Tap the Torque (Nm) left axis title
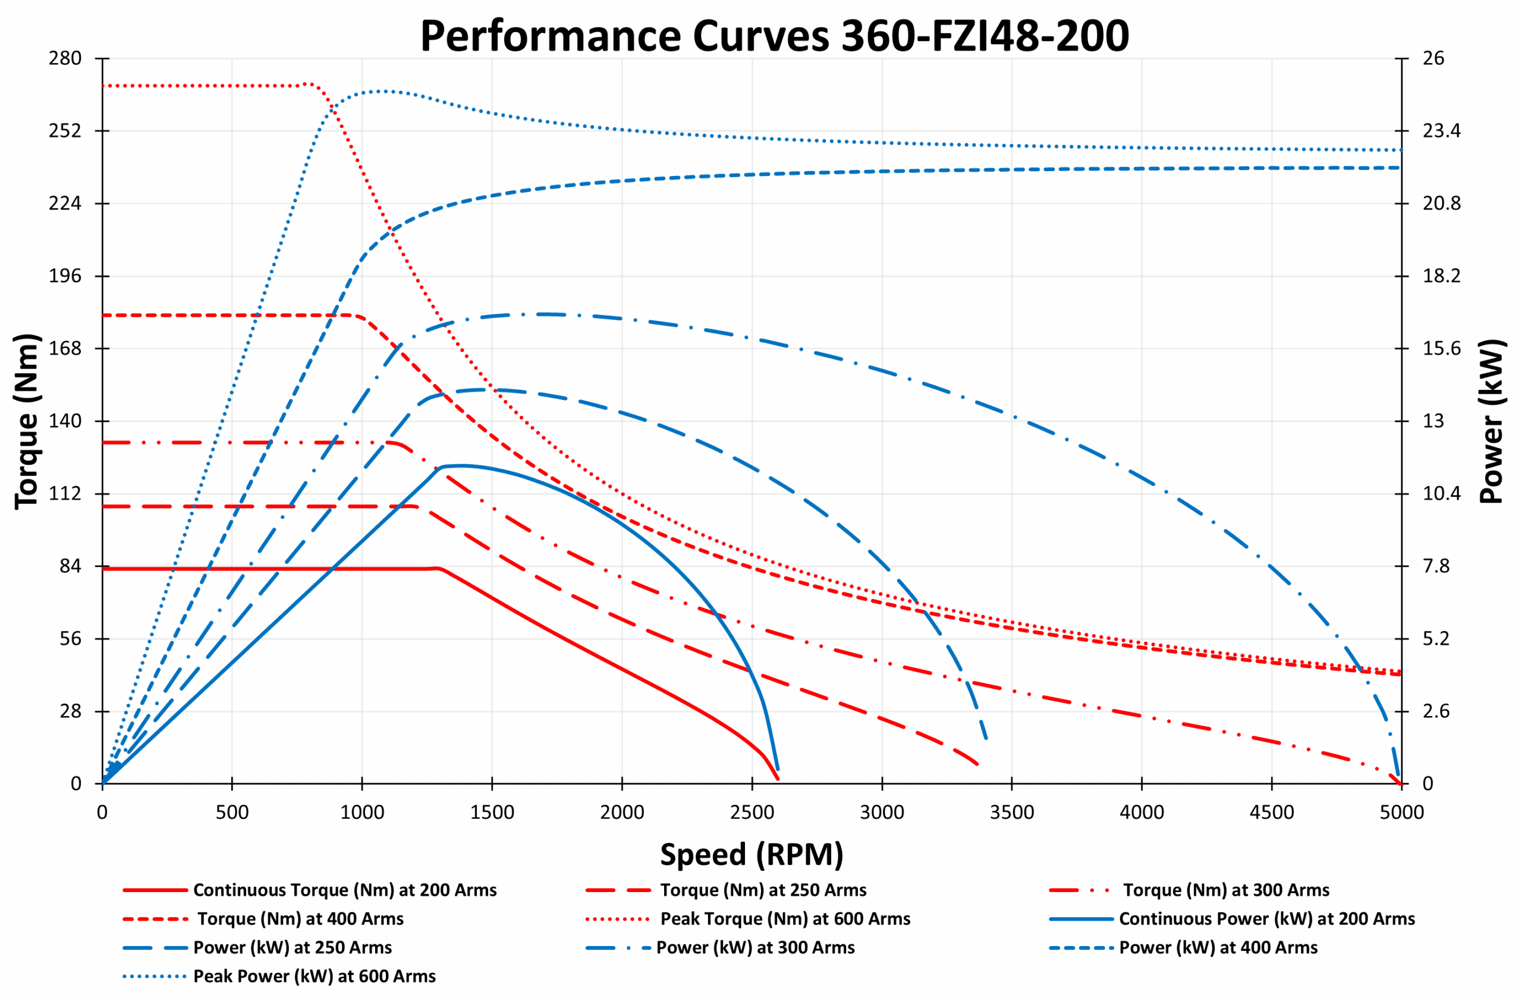(x=27, y=421)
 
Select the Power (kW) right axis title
(x=1493, y=421)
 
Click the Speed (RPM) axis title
(x=751, y=854)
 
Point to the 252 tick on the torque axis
(x=65, y=131)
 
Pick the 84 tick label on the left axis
(x=70, y=566)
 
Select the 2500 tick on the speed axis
(x=751, y=812)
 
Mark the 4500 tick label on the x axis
(x=1271, y=812)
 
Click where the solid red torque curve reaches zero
(x=778, y=779)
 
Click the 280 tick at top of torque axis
(x=65, y=58)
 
